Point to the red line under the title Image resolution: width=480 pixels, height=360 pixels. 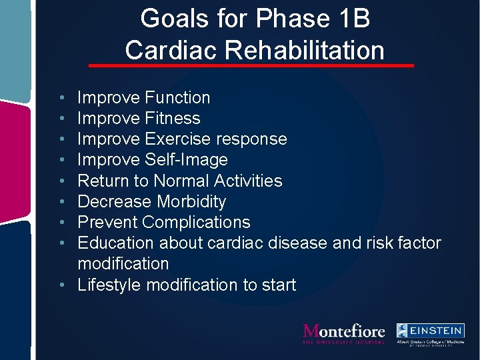pyautogui.click(x=251, y=66)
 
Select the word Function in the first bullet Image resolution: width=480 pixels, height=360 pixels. pyautogui.click(x=177, y=97)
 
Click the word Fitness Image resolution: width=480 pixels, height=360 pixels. pyautogui.click(x=172, y=118)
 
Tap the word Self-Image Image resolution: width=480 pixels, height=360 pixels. pyautogui.click(x=186, y=159)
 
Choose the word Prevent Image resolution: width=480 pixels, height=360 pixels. pyautogui.click(x=107, y=222)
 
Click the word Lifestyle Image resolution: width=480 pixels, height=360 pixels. pyautogui.click(x=109, y=285)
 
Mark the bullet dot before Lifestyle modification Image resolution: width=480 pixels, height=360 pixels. pyautogui.click(x=61, y=285)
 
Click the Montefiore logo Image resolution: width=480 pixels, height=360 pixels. pyautogui.click(x=344, y=333)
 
